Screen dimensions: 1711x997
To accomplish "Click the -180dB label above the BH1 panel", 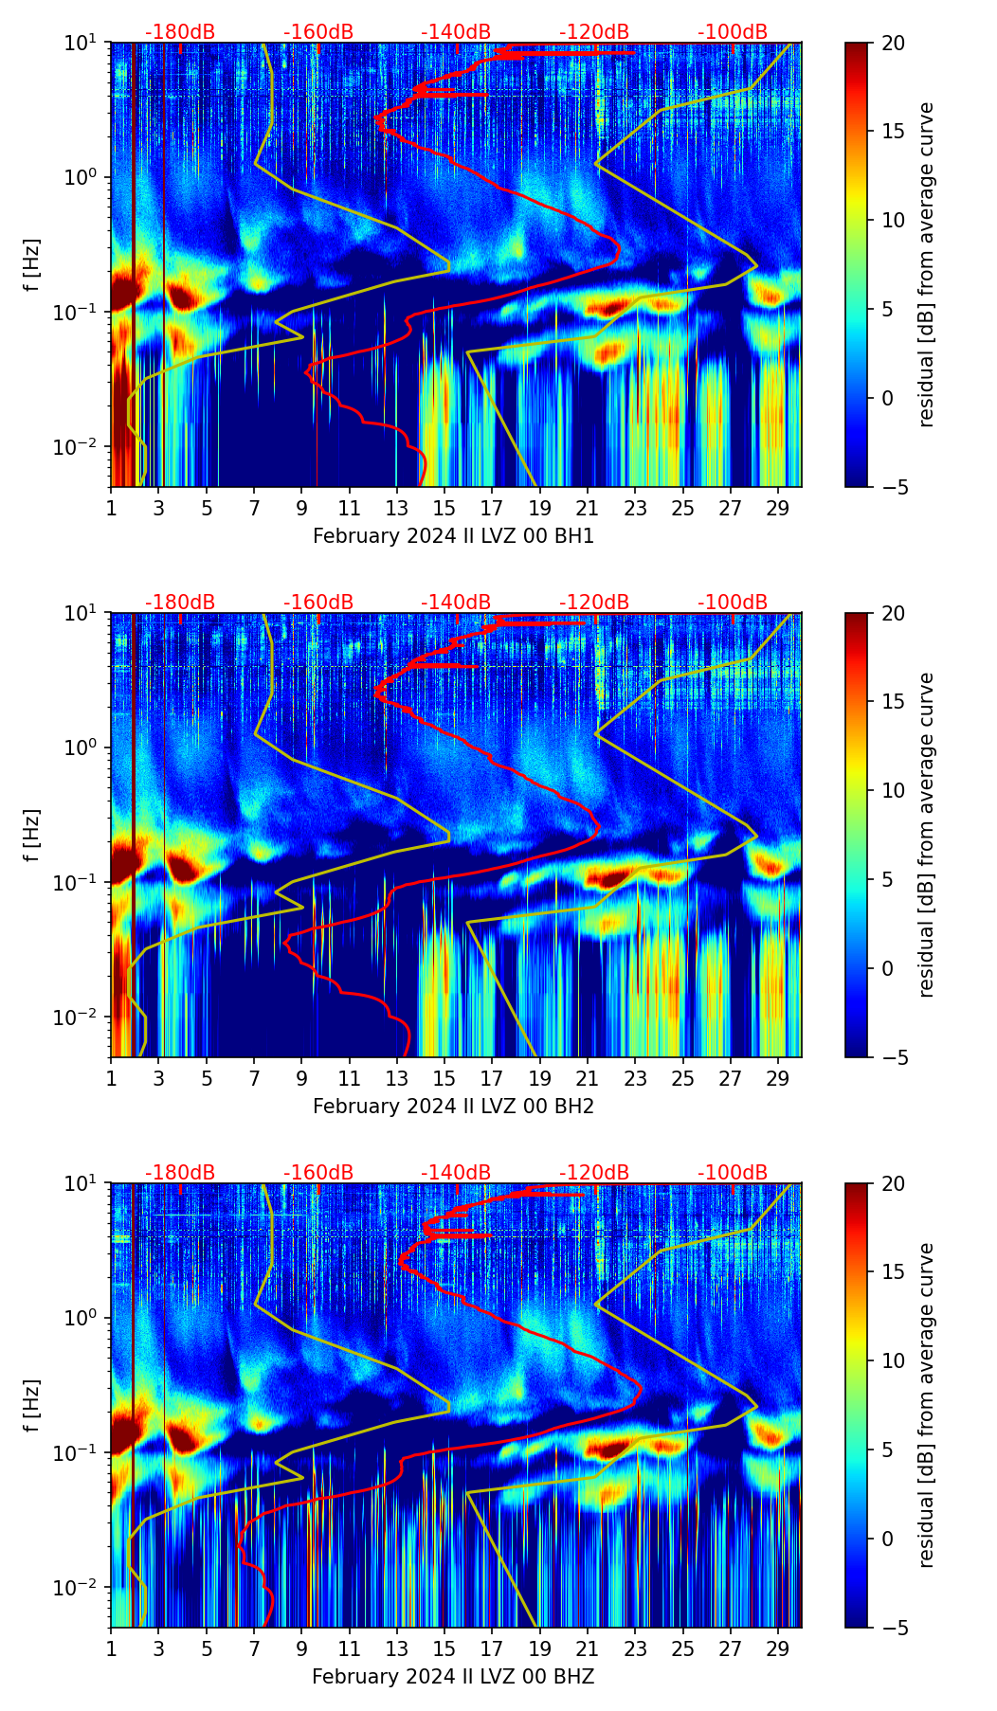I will point(180,32).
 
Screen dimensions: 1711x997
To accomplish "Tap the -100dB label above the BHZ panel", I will point(733,1173).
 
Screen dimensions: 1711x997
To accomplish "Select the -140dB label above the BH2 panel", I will point(456,603).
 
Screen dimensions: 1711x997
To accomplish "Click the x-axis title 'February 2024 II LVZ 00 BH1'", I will point(453,536).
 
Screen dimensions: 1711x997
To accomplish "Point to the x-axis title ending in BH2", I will point(453,1107).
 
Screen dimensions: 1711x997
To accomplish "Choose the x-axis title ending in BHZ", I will point(453,1677).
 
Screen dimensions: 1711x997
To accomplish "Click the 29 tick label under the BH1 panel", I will point(777,508).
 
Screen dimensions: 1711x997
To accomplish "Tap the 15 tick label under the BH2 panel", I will point(444,1078).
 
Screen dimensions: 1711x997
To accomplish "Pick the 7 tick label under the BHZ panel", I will point(254,1648).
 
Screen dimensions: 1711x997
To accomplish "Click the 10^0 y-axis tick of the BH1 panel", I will point(86,178).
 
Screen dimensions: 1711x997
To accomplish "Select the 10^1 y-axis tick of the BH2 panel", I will point(86,614).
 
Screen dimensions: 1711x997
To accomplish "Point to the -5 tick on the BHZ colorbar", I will point(893,1628).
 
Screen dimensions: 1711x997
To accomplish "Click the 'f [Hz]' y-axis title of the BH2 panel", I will point(32,835).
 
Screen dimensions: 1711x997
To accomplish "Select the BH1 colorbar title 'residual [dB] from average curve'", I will point(926,264).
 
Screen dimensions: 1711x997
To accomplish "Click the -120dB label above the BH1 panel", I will point(594,32).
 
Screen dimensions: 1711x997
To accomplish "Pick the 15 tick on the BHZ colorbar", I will point(893,1271).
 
